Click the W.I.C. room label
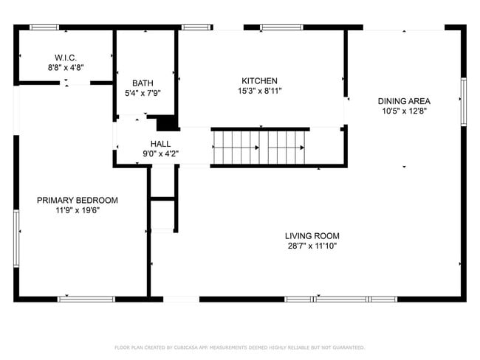point(65,58)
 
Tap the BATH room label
point(143,83)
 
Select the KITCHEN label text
point(259,80)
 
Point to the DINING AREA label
point(404,101)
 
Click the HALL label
point(160,144)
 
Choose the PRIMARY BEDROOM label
point(78,200)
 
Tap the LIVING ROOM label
point(312,236)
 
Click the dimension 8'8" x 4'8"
point(65,67)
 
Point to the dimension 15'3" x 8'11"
point(259,91)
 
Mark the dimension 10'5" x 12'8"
point(404,111)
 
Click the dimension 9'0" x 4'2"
point(160,154)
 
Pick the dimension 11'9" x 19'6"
point(78,210)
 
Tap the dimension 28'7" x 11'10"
point(312,246)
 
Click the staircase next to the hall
point(258,147)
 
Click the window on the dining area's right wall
point(464,101)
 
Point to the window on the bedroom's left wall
point(16,238)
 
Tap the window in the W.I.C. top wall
point(44,28)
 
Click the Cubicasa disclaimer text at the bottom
point(239,347)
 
